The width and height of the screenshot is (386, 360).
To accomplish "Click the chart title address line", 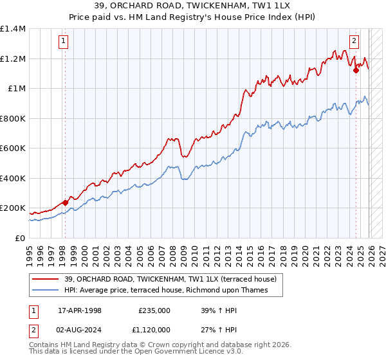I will (194, 5).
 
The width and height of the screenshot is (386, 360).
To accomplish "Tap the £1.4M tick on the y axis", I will (13, 29).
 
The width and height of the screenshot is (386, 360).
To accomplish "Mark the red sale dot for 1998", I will (65, 203).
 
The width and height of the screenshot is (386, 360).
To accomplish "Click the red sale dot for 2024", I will (356, 70).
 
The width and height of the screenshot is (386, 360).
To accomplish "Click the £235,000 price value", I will (154, 310).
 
